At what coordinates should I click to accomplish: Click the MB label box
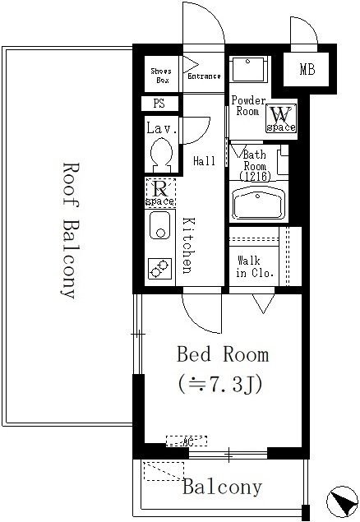[x=307, y=69]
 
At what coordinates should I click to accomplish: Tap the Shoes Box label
[x=161, y=76]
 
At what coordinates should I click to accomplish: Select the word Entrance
[x=204, y=76]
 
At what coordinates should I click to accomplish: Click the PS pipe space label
[x=159, y=104]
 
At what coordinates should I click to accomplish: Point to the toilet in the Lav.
[x=162, y=155]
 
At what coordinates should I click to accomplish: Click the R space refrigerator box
[x=160, y=192]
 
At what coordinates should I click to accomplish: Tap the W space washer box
[x=281, y=118]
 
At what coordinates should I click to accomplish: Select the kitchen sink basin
[x=160, y=225]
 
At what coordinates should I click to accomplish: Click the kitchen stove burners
[x=160, y=268]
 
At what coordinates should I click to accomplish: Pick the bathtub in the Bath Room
[x=259, y=203]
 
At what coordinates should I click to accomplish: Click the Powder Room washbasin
[x=248, y=68]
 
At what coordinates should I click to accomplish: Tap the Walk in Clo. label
[x=255, y=266]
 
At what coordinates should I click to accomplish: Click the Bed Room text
[x=222, y=353]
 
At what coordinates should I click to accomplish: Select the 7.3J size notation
[x=221, y=384]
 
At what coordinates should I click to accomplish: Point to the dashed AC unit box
[x=187, y=441]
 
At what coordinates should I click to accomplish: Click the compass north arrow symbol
[x=342, y=502]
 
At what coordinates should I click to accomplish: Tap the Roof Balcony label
[x=71, y=230]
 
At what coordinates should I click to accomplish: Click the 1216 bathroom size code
[x=255, y=176]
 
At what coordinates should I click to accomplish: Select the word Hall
[x=204, y=161]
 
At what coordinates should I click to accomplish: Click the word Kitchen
[x=188, y=246]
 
